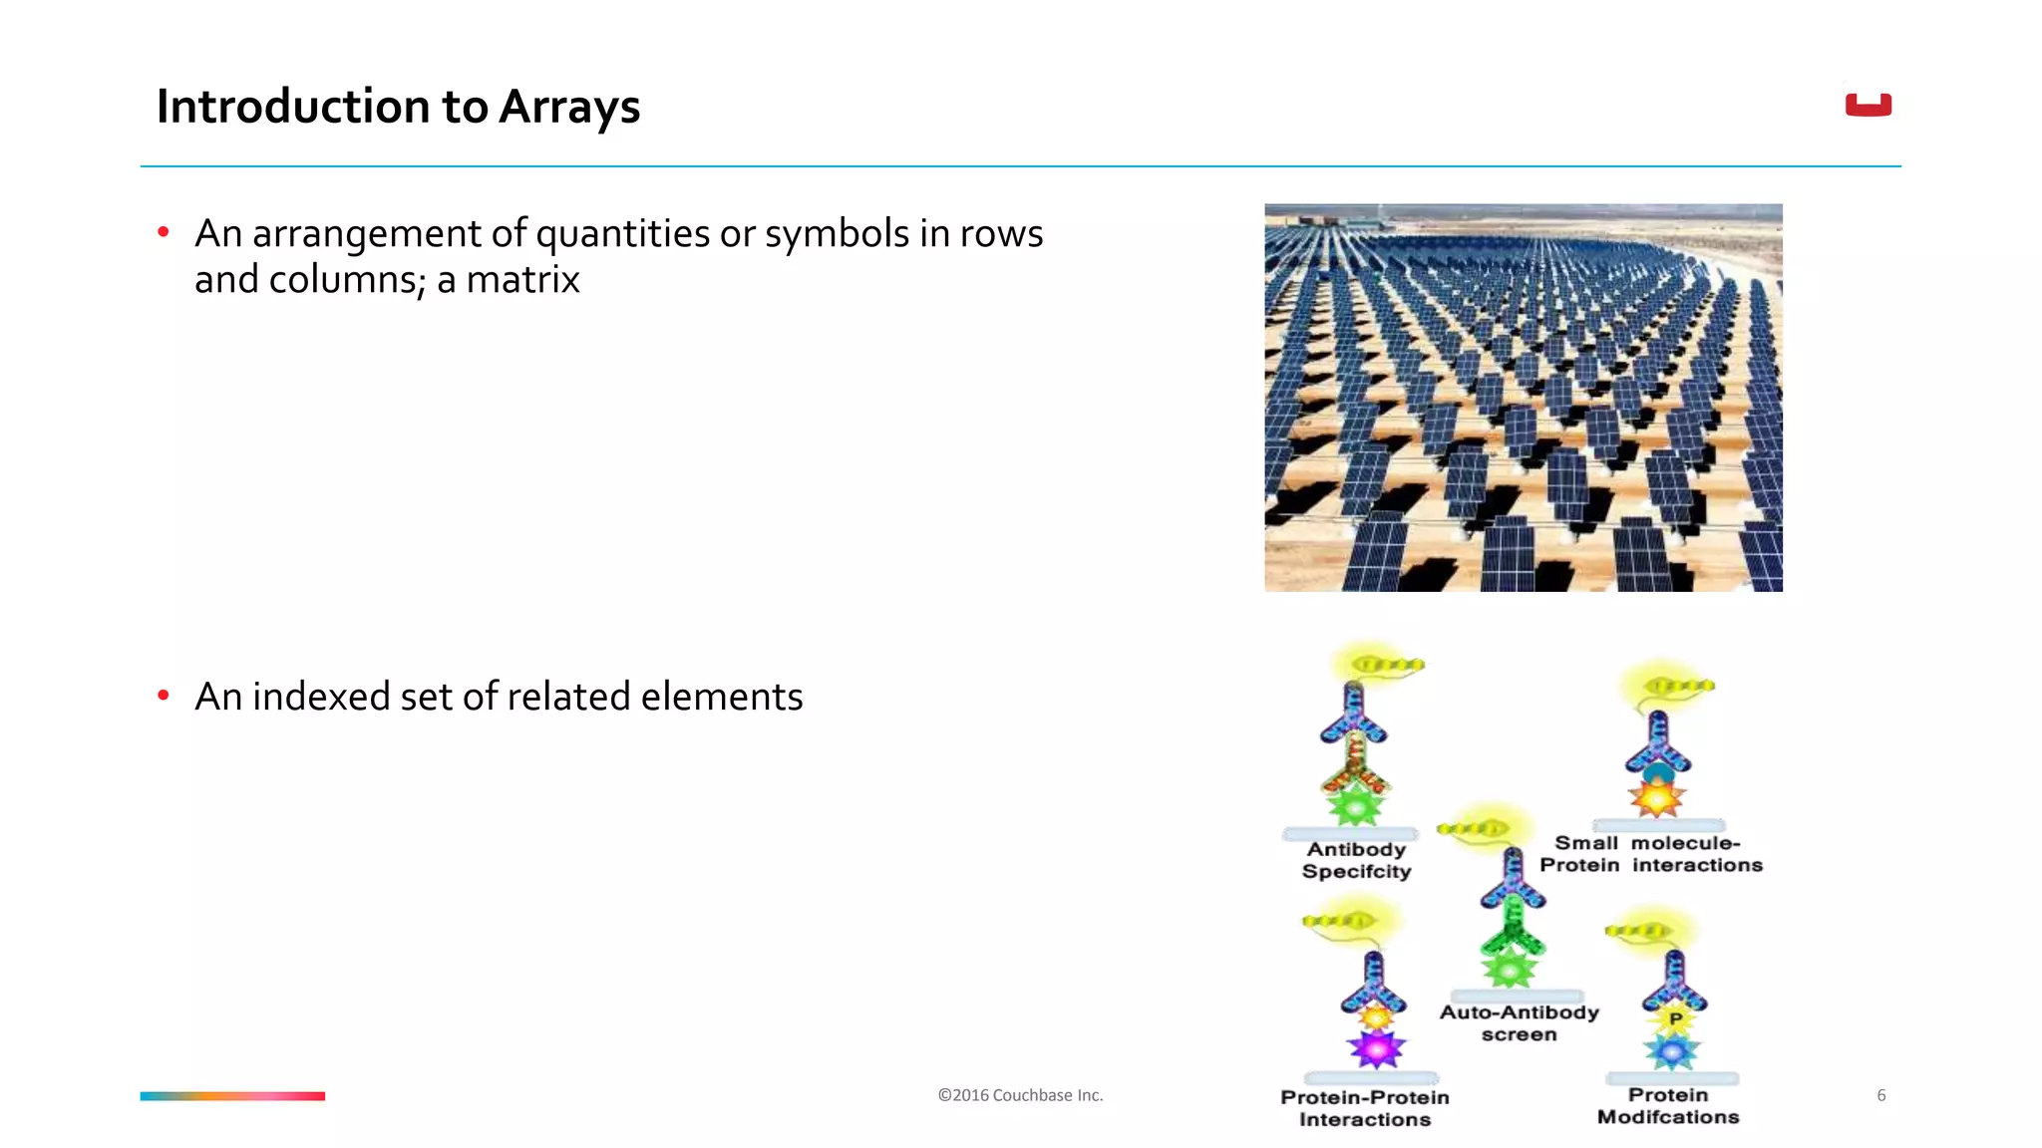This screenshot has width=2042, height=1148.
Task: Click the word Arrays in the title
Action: click(x=568, y=107)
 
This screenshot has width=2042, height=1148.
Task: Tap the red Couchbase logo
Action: click(x=1868, y=105)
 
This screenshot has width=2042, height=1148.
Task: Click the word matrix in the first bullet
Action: click(x=522, y=280)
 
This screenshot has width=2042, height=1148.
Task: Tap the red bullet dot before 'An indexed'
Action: click(x=164, y=696)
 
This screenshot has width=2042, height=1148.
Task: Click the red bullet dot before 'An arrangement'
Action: click(x=164, y=233)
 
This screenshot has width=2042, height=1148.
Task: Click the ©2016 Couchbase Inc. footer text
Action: click(x=1020, y=1095)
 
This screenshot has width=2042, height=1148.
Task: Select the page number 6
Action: click(x=1880, y=1095)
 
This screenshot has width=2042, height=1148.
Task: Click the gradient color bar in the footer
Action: click(x=232, y=1096)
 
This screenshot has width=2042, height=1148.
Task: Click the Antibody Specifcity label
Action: click(x=1356, y=860)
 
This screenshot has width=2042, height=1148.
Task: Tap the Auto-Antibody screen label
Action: click(x=1519, y=1023)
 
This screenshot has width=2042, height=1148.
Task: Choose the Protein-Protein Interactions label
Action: click(x=1364, y=1108)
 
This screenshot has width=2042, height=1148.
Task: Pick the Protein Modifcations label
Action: click(x=1668, y=1106)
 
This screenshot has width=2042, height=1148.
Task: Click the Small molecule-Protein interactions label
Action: click(x=1651, y=854)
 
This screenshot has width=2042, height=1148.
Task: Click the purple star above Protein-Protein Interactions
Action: click(x=1376, y=1048)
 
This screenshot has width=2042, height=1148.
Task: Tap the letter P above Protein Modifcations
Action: click(x=1675, y=1018)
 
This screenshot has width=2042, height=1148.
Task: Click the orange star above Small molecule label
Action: click(x=1656, y=797)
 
